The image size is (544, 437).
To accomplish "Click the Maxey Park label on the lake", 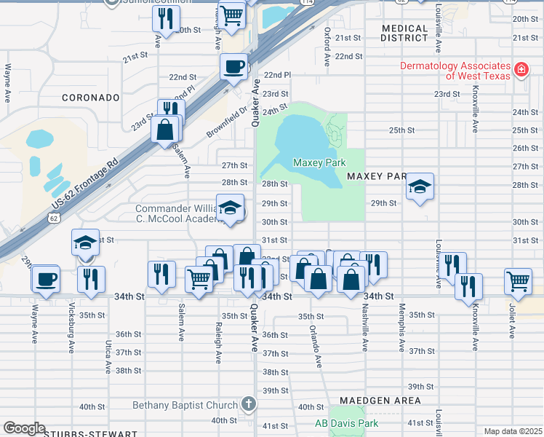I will pos(319,162).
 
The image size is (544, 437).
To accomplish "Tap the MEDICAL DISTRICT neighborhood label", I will pos(405,33).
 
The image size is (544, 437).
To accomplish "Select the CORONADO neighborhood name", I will pos(90,97).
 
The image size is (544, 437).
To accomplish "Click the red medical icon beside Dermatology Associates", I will pos(521,70).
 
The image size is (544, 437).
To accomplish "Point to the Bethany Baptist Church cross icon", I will pos(248,404).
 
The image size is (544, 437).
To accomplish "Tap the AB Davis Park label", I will pos(346,423).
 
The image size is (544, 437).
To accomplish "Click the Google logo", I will pos(23,428).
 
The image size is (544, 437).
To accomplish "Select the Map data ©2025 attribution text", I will pos(512,431).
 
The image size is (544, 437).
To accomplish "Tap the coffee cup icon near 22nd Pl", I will pos(233,67).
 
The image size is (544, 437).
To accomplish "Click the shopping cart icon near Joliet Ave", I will pos(518,280).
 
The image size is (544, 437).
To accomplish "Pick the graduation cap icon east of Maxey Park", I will pos(420,186).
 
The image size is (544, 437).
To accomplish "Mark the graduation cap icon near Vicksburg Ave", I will pos(85,243).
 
